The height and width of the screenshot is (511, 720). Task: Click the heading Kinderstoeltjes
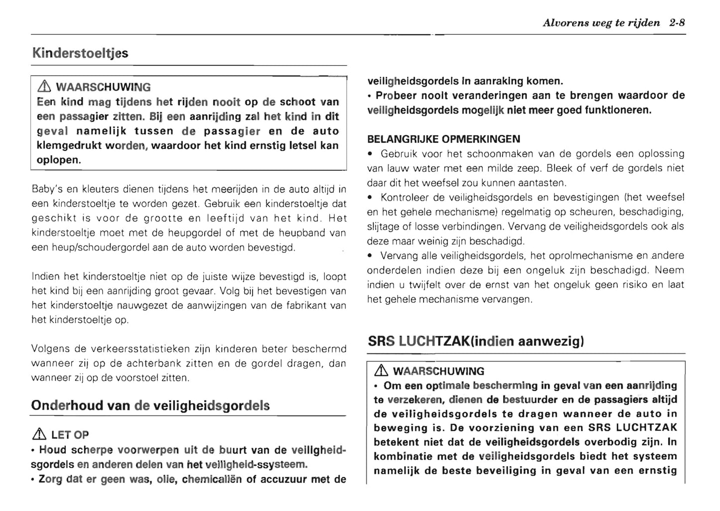point(80,53)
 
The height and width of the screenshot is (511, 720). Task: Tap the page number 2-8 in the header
point(677,23)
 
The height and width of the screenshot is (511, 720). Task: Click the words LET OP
point(70,435)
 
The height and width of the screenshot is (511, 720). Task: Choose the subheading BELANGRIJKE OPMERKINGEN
point(443,139)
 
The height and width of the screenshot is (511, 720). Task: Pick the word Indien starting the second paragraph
point(45,276)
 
